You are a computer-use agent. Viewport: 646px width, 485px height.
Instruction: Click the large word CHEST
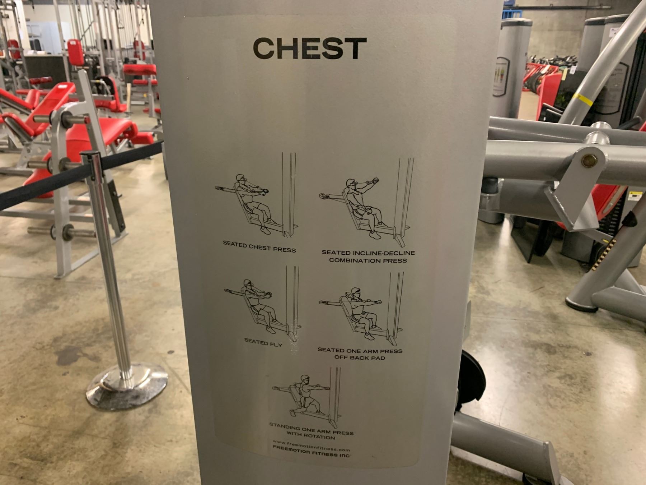point(310,48)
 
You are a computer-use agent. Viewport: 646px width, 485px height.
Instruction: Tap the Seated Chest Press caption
point(259,247)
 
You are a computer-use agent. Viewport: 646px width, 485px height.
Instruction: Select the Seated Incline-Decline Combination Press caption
point(368,257)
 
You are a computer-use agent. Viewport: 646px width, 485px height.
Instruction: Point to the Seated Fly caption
point(263,343)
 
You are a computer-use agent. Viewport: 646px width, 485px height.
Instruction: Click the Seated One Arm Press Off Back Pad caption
point(360,354)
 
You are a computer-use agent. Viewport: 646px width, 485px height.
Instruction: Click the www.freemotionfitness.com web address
point(311,446)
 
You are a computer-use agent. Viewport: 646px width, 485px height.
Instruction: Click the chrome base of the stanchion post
point(127,385)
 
